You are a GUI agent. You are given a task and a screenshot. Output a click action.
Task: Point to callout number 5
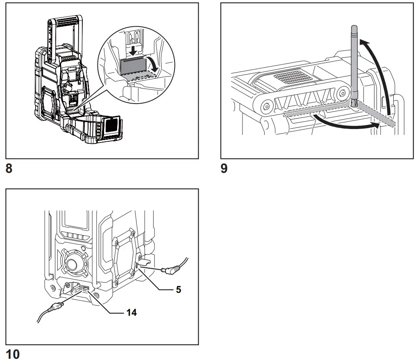pos(178,290)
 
